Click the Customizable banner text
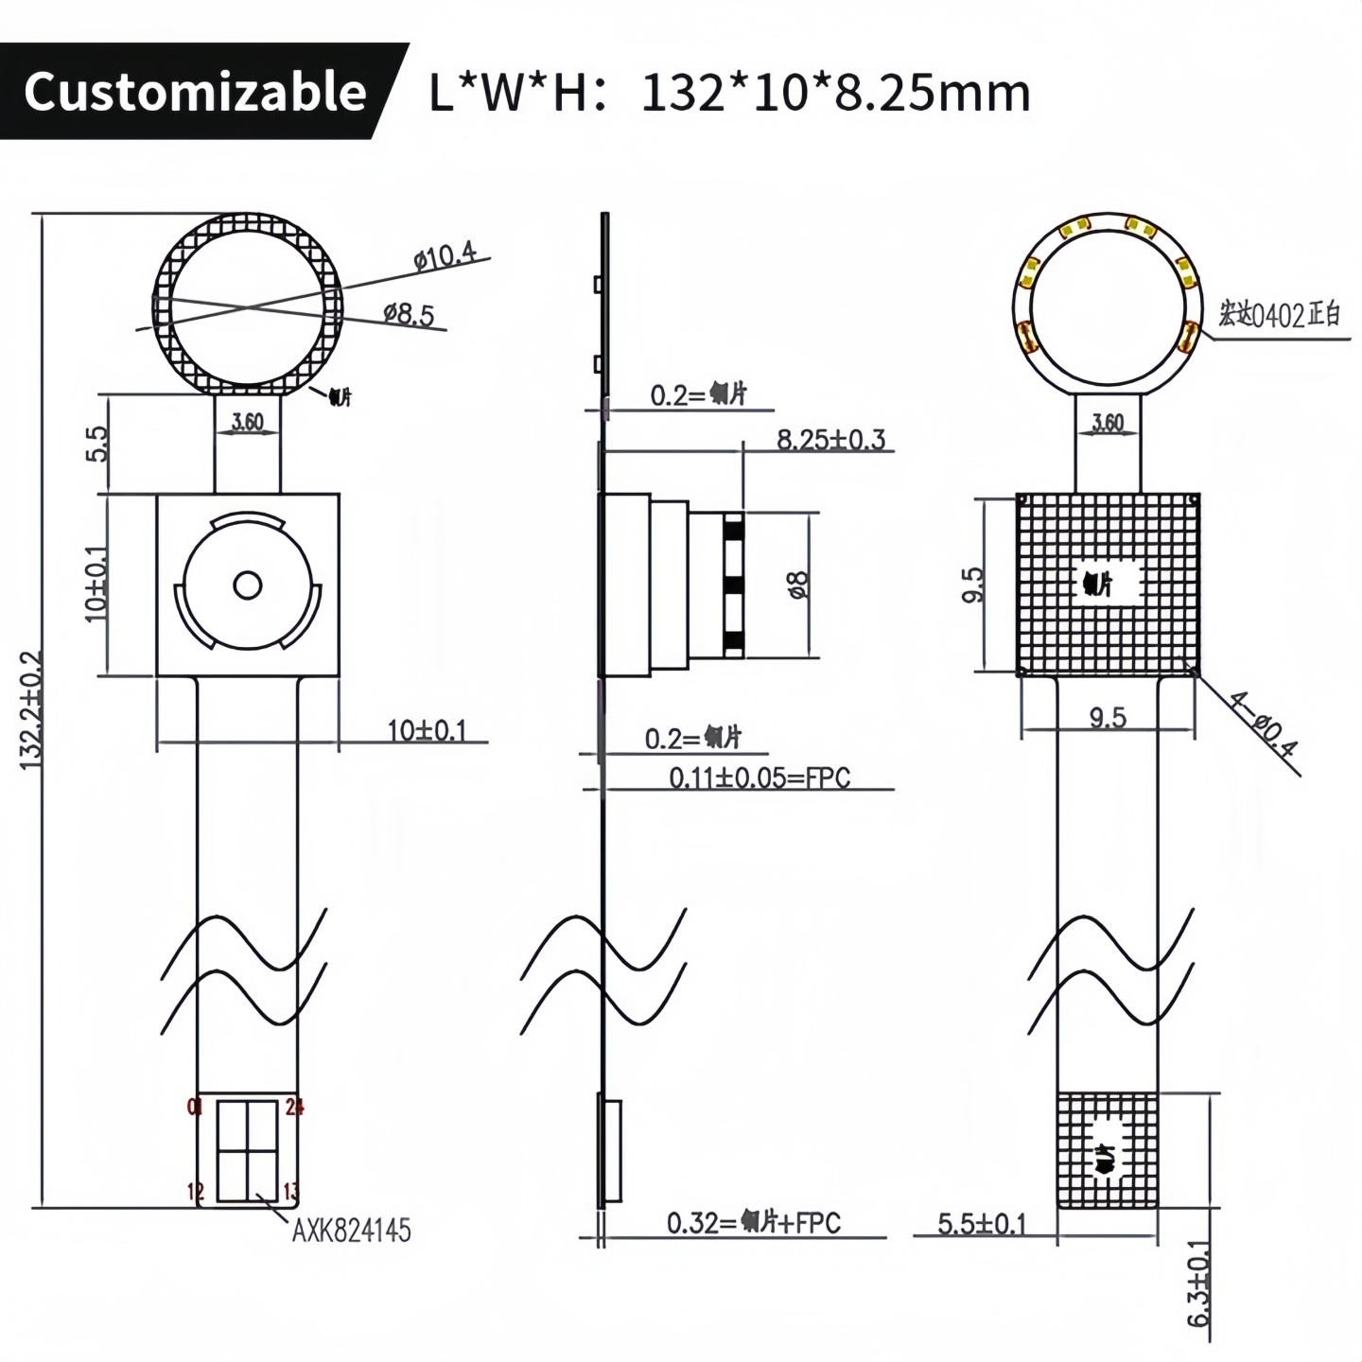(x=195, y=92)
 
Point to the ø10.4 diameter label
(x=445, y=256)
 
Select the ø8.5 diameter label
(x=409, y=314)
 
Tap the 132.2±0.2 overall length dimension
(x=31, y=708)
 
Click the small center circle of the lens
(x=248, y=586)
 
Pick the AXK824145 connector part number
(x=351, y=1231)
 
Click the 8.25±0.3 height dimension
(x=830, y=439)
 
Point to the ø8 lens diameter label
(x=798, y=585)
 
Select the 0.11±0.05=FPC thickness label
(x=760, y=777)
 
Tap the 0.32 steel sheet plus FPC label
(x=753, y=1223)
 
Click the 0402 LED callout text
(x=1279, y=315)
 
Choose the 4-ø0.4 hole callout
(x=1264, y=725)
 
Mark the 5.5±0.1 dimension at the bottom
(x=981, y=1224)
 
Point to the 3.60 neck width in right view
(x=1108, y=423)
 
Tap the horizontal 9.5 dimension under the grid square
(x=1107, y=718)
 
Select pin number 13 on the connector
(x=291, y=1192)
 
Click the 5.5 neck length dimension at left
(x=97, y=444)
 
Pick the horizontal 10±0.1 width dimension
(x=427, y=730)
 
